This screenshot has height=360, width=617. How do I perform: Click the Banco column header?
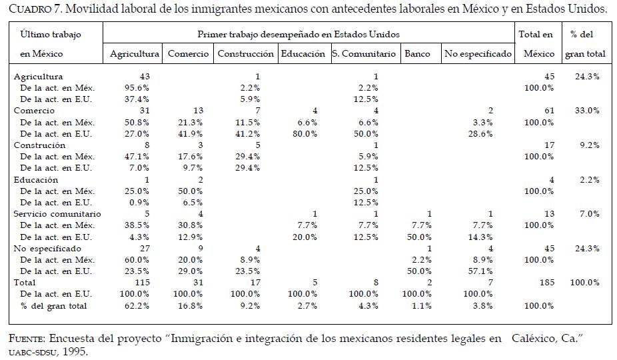417,54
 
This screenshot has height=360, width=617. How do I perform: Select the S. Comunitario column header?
364,54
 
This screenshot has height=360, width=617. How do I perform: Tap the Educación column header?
303,54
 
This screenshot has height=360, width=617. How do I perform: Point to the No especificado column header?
478,54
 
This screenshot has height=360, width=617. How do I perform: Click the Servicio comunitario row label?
57,214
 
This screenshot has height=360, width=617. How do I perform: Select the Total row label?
25,283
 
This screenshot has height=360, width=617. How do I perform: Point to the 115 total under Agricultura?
142,283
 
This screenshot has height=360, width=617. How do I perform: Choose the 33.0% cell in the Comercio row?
586,111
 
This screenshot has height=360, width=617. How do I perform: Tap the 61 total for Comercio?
549,111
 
